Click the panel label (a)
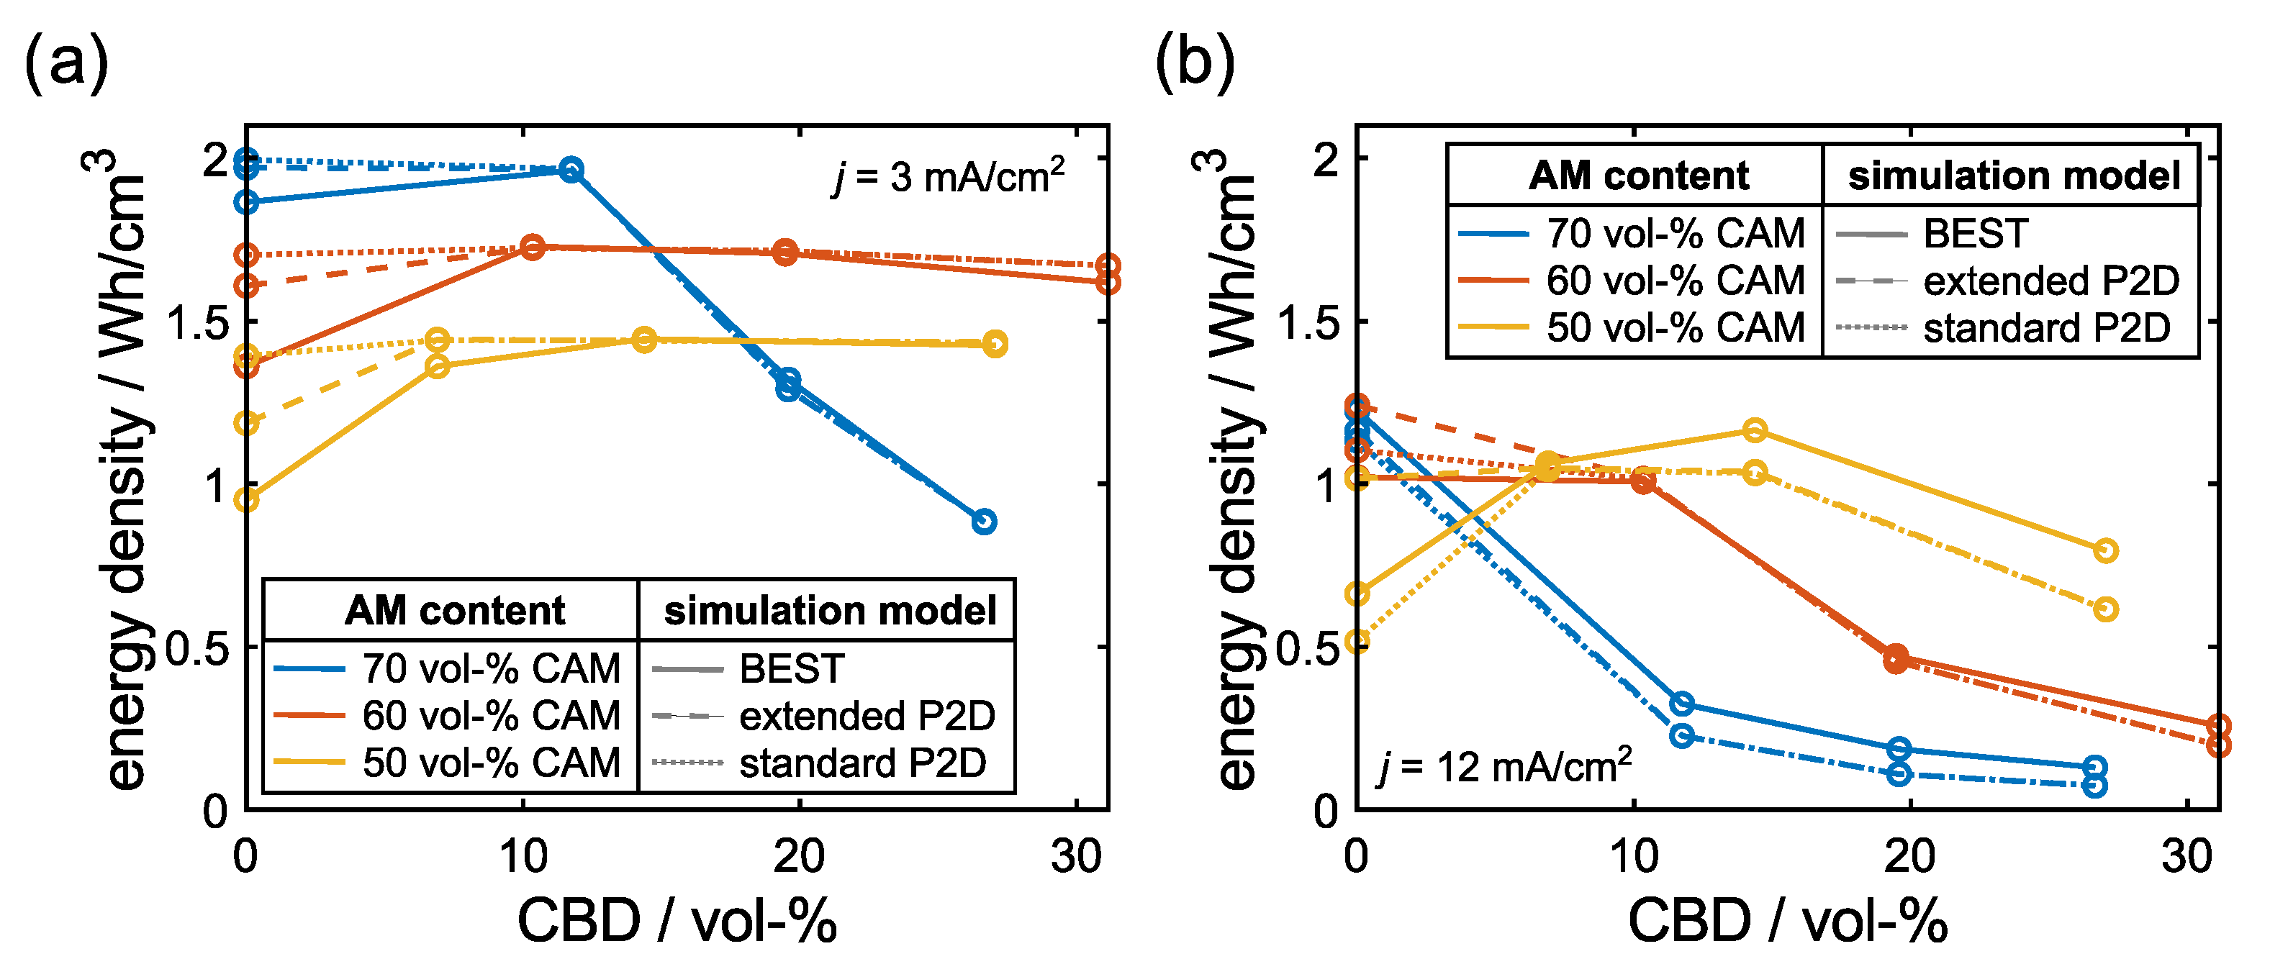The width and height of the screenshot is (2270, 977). pyautogui.click(x=66, y=63)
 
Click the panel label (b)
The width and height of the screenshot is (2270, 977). pyautogui.click(x=1194, y=63)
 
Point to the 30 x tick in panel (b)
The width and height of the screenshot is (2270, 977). pyautogui.click(x=2187, y=855)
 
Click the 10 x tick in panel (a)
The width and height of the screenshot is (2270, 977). pyautogui.click(x=523, y=855)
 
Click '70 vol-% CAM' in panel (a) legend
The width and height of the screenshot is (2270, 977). pyautogui.click(x=491, y=668)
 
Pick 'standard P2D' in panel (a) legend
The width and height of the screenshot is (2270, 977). pyautogui.click(x=862, y=763)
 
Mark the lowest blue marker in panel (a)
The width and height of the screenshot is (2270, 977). pyautogui.click(x=985, y=522)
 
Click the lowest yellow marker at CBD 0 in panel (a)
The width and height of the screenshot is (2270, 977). pyautogui.click(x=247, y=499)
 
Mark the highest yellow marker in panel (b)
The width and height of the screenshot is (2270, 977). pyautogui.click(x=1755, y=430)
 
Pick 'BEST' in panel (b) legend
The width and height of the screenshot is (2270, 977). pyautogui.click(x=1975, y=233)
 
